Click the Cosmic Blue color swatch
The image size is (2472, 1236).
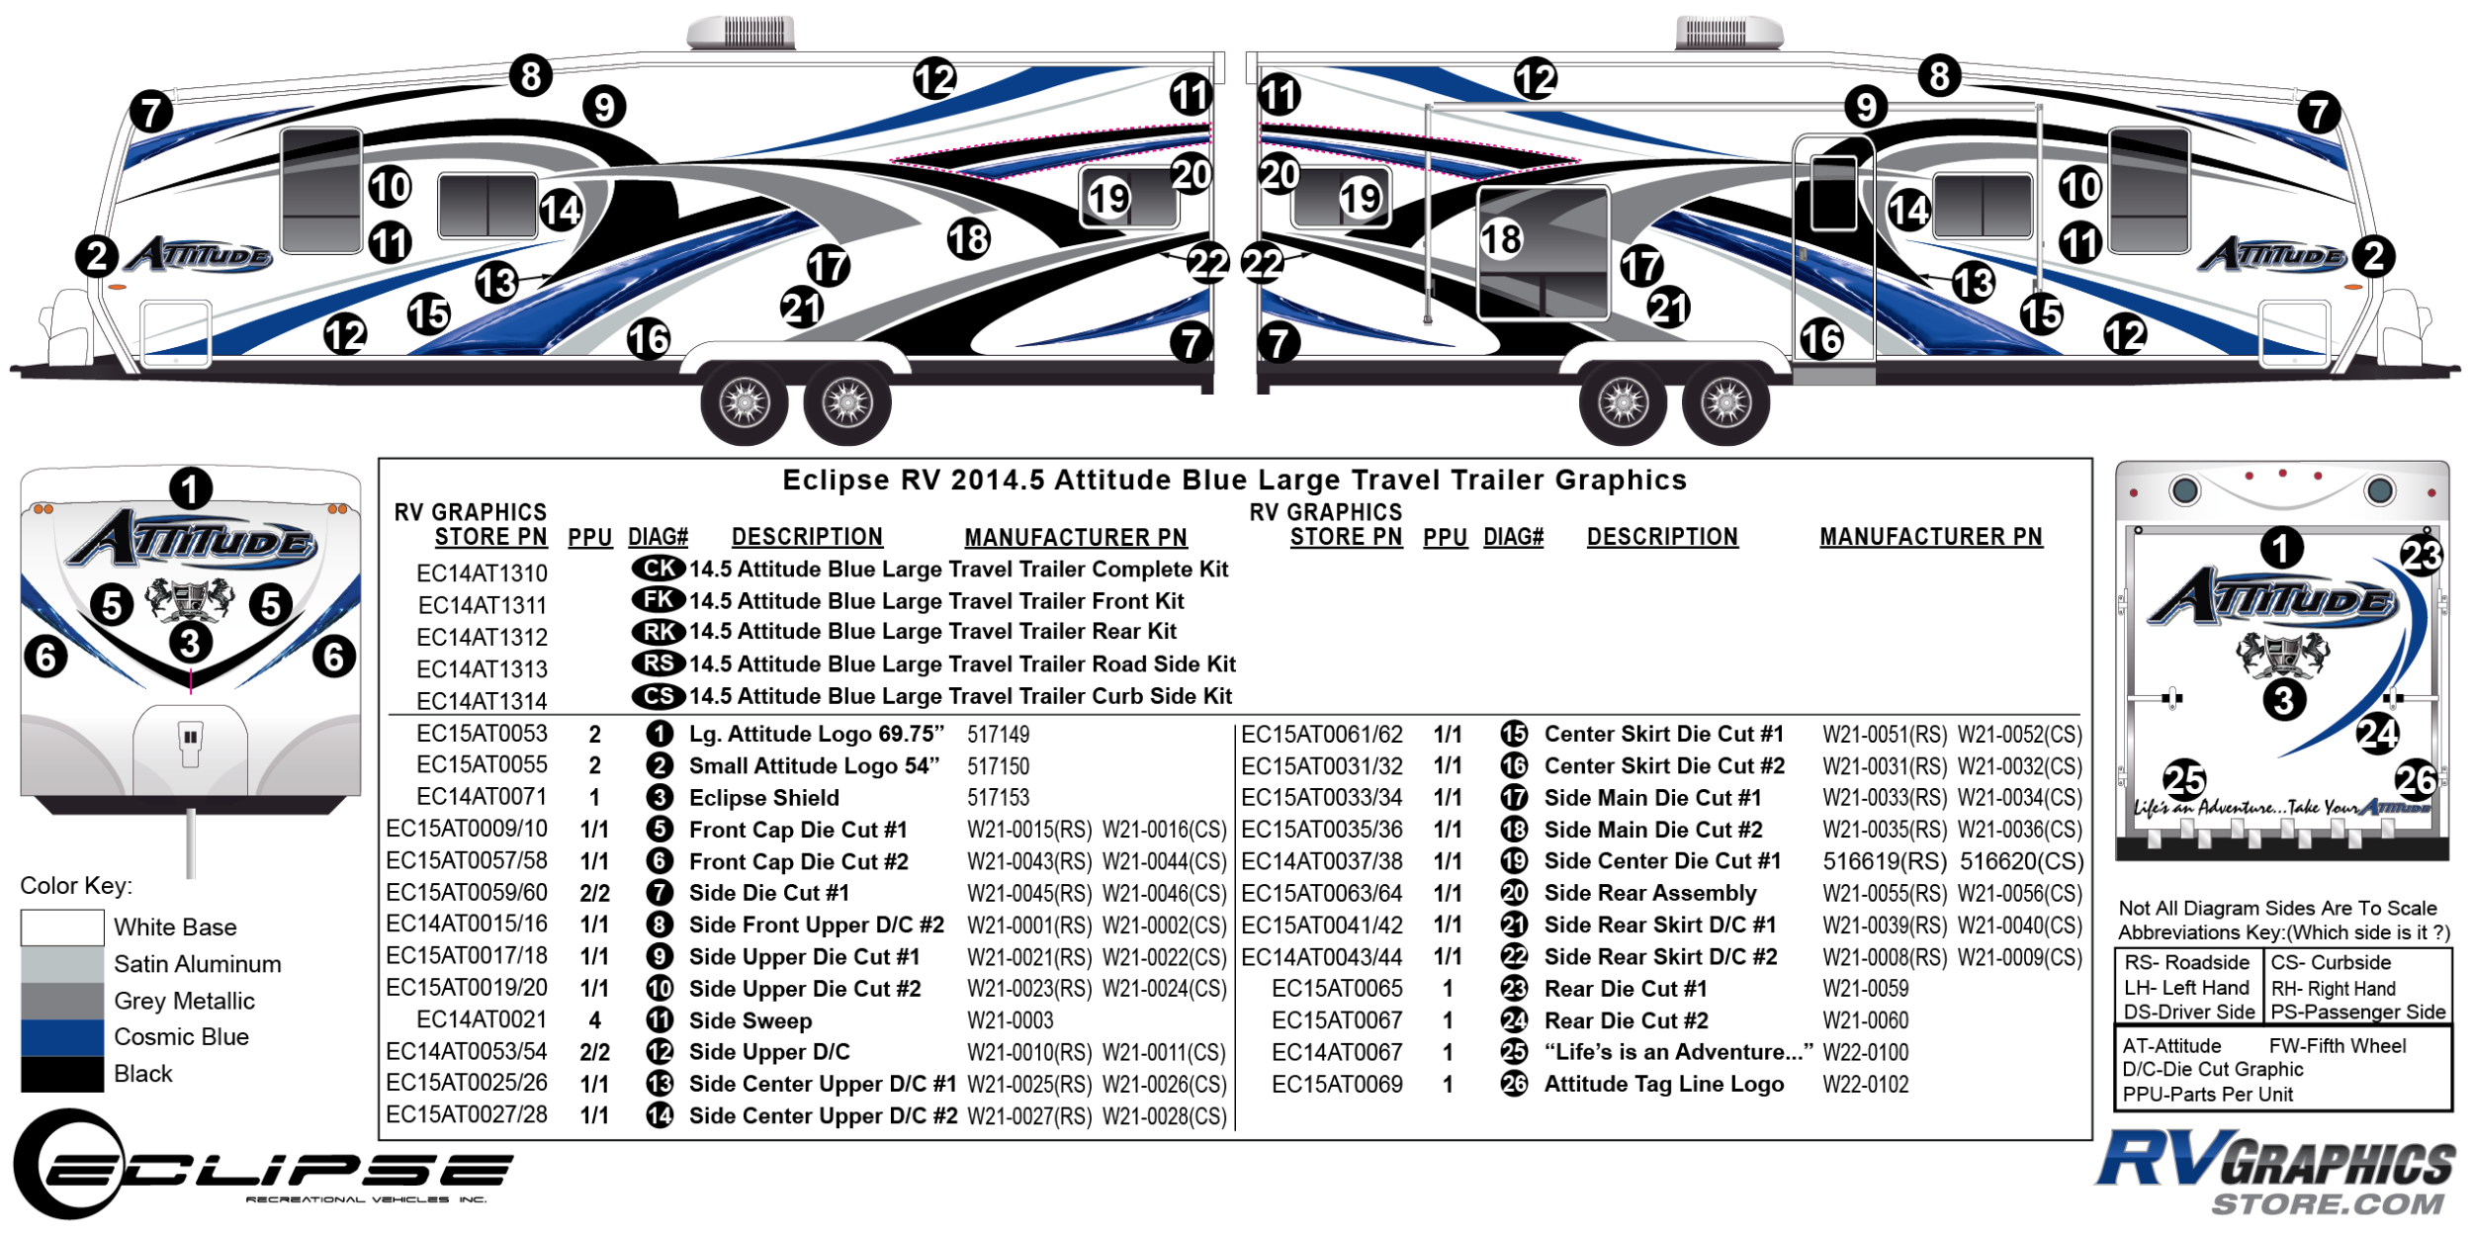click(x=62, y=1037)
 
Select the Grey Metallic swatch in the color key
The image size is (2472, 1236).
click(x=62, y=1001)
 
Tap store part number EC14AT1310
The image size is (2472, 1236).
click(x=482, y=574)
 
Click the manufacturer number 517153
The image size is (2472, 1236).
click(x=998, y=798)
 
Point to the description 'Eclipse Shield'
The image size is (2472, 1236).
click(x=763, y=798)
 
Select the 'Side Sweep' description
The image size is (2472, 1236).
click(x=750, y=1020)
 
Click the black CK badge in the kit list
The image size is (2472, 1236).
click(x=659, y=569)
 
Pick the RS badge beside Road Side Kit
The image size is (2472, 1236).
click(x=659, y=663)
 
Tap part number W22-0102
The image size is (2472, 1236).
click(x=1866, y=1085)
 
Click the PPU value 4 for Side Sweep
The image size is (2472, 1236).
click(x=594, y=1020)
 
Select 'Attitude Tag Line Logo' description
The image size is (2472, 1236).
click(x=1664, y=1085)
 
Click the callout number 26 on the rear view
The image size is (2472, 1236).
click(x=2416, y=780)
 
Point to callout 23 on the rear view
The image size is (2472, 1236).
click(x=2421, y=556)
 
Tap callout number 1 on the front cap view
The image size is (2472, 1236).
click(x=190, y=488)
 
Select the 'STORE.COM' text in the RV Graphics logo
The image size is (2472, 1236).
click(x=2327, y=1203)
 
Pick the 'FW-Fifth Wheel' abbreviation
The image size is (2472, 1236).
click(x=2338, y=1046)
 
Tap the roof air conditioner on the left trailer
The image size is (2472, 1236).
click(x=741, y=32)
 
